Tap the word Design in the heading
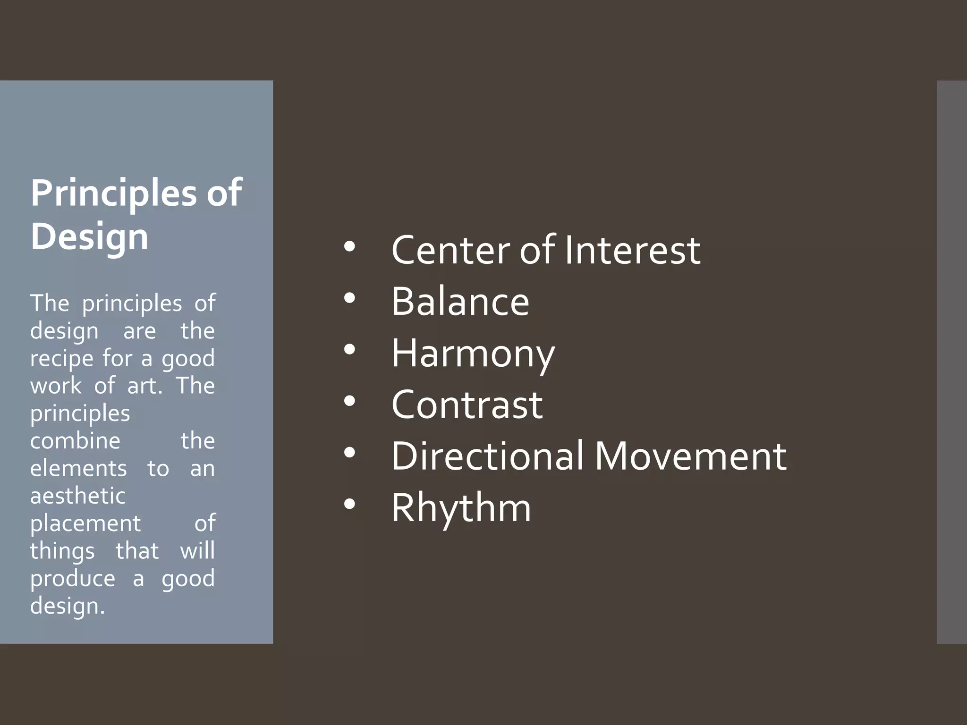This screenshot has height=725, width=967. click(x=89, y=236)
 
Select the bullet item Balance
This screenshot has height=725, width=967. click(x=460, y=302)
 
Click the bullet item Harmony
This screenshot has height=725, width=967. click(x=473, y=354)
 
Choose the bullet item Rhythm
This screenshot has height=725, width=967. click(x=461, y=508)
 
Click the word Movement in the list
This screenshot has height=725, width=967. click(x=690, y=456)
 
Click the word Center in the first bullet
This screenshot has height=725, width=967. click(x=451, y=250)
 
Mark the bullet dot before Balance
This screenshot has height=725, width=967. click(x=349, y=298)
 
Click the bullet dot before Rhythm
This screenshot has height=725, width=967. click(x=349, y=505)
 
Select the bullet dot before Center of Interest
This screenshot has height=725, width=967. click(x=349, y=246)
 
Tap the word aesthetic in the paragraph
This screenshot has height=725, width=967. click(x=78, y=496)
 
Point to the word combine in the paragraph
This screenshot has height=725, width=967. click(x=75, y=441)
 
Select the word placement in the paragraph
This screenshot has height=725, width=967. click(x=85, y=523)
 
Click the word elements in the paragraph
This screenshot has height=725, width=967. click(x=78, y=469)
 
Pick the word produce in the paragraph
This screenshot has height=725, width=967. click(x=72, y=579)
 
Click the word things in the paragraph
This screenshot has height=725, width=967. click(x=62, y=551)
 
